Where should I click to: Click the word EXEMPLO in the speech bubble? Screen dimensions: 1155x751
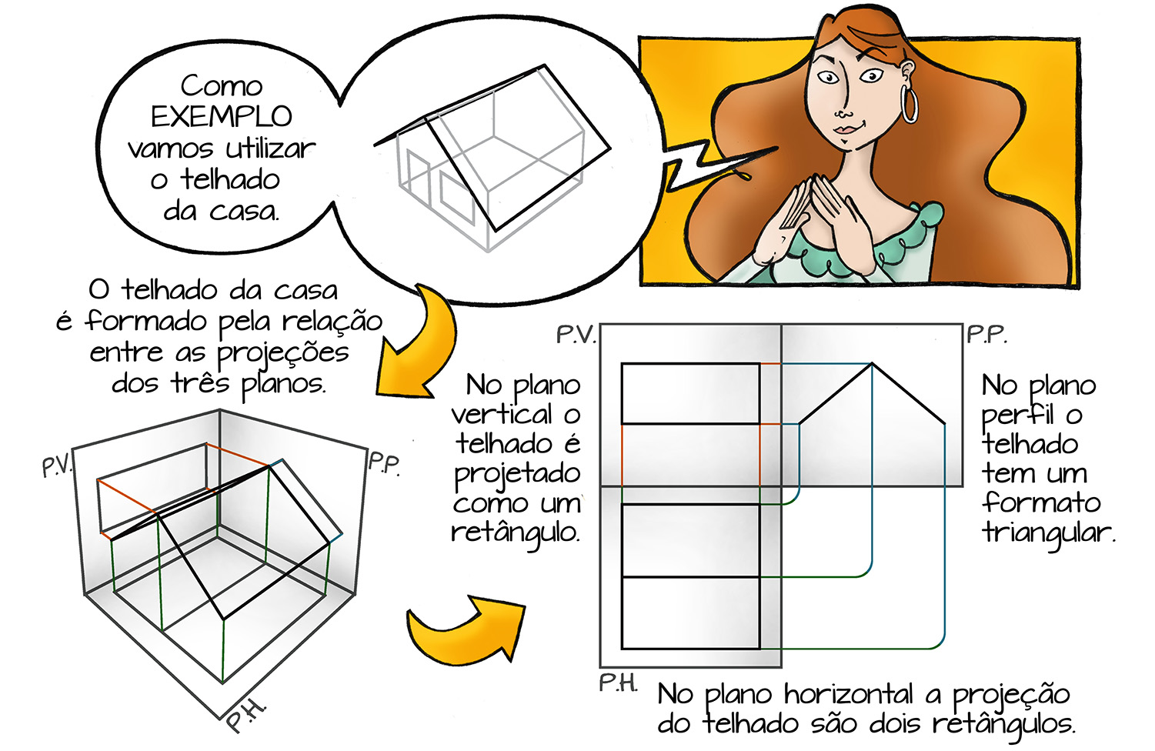point(222,117)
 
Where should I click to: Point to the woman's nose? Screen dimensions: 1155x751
point(843,111)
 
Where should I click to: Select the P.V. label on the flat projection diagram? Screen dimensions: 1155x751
point(576,335)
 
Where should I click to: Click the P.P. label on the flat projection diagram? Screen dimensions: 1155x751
point(986,335)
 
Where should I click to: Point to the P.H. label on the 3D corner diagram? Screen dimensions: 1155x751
point(246,716)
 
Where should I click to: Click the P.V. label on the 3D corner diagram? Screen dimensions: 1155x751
point(57,466)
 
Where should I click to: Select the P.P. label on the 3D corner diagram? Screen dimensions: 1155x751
point(384,464)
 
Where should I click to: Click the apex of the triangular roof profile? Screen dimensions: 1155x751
point(872,364)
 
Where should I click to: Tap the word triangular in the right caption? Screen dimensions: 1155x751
point(1048,533)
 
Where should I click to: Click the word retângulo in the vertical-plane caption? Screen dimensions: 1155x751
point(516,533)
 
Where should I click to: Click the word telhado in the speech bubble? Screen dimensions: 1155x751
point(230,180)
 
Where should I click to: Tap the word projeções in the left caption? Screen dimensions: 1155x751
point(282,354)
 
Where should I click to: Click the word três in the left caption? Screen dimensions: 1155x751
point(200,382)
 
